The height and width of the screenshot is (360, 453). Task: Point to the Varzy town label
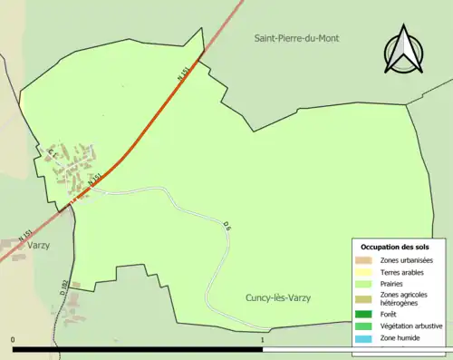(38, 245)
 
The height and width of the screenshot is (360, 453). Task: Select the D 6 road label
(227, 225)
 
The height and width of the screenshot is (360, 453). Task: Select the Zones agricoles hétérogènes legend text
(404, 298)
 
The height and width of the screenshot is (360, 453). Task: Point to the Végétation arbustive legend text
(411, 326)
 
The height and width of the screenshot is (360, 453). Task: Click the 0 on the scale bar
(13, 340)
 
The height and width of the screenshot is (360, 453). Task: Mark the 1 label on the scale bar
(262, 340)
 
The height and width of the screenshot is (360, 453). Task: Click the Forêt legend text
(391, 314)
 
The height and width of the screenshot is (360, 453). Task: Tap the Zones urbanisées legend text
(407, 260)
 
